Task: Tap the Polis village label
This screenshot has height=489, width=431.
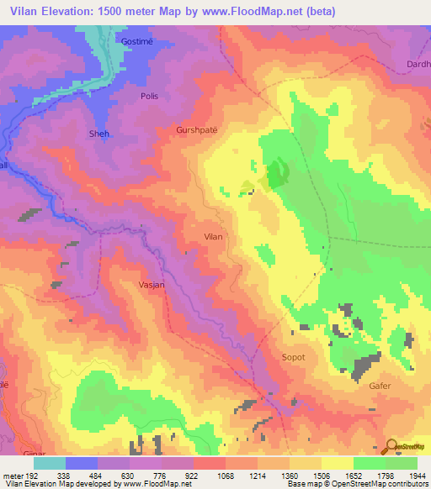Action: pyautogui.click(x=149, y=97)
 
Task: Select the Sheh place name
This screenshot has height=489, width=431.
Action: pyautogui.click(x=99, y=134)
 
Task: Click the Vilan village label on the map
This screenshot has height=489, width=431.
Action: pyautogui.click(x=214, y=237)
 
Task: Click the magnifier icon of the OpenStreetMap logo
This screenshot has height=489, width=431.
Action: pyautogui.click(x=391, y=446)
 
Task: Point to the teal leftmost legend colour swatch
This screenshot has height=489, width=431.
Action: pyautogui.click(x=50, y=463)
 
